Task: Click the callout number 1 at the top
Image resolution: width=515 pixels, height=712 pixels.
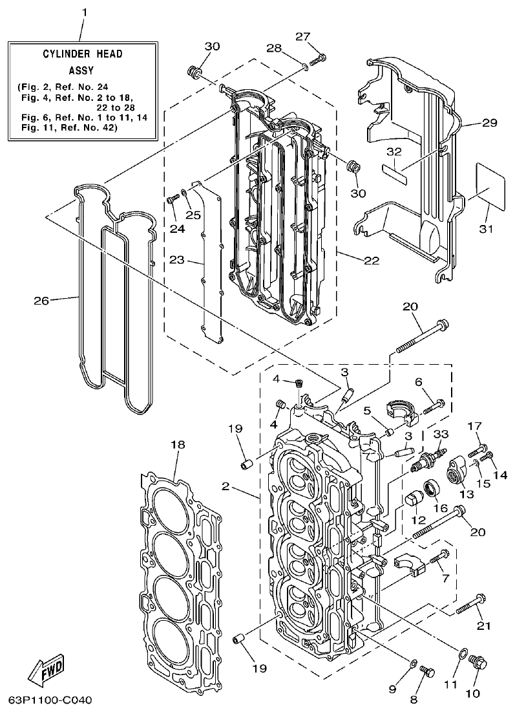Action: point(83,13)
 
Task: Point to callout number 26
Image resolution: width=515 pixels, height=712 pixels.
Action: point(41,299)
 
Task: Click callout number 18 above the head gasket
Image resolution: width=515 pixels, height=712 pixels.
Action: point(178,444)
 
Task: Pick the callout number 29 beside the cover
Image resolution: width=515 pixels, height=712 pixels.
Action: point(489,122)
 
